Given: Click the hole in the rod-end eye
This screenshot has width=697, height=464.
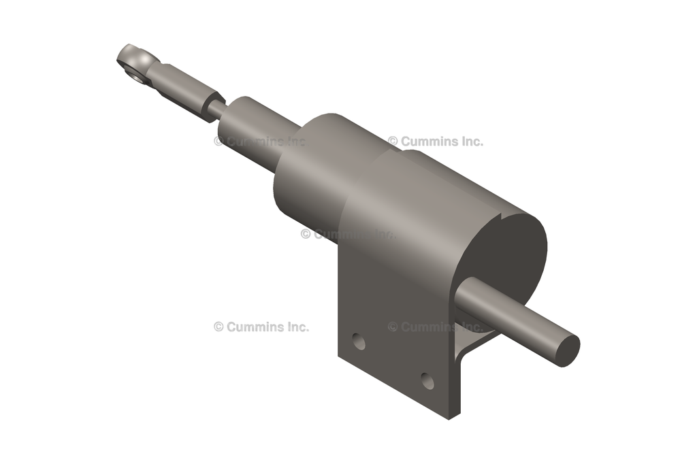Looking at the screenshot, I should (137, 73).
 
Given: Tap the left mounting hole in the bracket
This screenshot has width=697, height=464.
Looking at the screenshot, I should (359, 342).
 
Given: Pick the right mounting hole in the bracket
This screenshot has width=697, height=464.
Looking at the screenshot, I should (427, 380).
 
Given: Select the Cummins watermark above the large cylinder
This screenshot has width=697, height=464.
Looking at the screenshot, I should (436, 142).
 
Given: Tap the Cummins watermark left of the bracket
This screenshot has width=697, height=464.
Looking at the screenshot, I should (261, 327).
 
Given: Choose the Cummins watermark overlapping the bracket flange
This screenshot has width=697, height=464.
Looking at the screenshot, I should (436, 327).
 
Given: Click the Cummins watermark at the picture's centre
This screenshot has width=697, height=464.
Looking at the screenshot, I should (347, 234).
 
